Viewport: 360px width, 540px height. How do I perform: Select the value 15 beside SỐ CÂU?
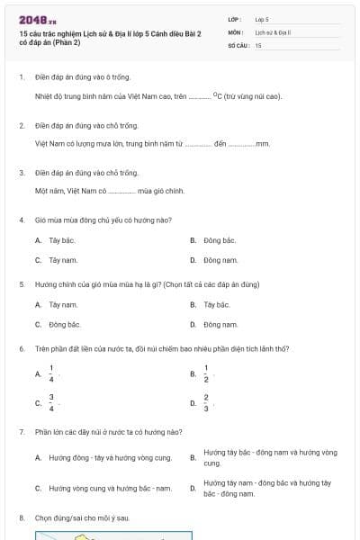[258, 45]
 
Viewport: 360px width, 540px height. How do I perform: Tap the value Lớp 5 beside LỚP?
[262, 18]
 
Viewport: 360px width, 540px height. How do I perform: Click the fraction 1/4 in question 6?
[51, 373]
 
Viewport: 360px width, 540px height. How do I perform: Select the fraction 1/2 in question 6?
[206, 373]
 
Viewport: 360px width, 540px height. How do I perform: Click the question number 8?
[21, 517]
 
